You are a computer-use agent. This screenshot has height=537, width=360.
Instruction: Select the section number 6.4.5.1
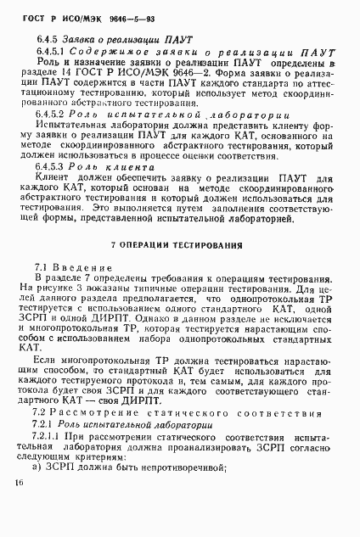tap(55, 52)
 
